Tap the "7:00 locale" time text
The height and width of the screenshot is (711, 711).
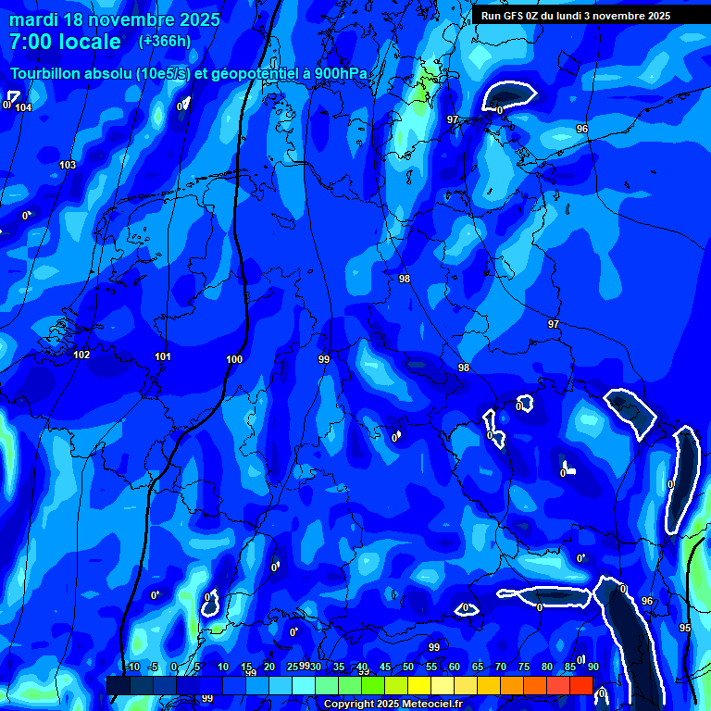[x=65, y=42]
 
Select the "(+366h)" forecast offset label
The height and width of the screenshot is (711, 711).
[x=165, y=41]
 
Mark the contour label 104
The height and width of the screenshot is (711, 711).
[x=23, y=108]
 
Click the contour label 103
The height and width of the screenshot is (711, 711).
[x=68, y=166]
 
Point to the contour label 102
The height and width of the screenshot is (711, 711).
[x=81, y=355]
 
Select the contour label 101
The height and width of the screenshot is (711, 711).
[x=163, y=357]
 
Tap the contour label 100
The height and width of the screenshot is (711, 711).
[x=234, y=360]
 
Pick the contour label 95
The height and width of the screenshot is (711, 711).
[x=685, y=629]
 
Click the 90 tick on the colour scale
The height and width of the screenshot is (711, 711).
[x=592, y=667]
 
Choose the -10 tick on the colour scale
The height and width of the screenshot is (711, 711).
[x=131, y=667]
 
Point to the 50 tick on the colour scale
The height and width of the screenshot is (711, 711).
[x=408, y=667]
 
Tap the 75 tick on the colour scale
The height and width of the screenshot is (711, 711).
[x=524, y=667]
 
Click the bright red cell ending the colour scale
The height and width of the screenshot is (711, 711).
[x=580, y=685]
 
